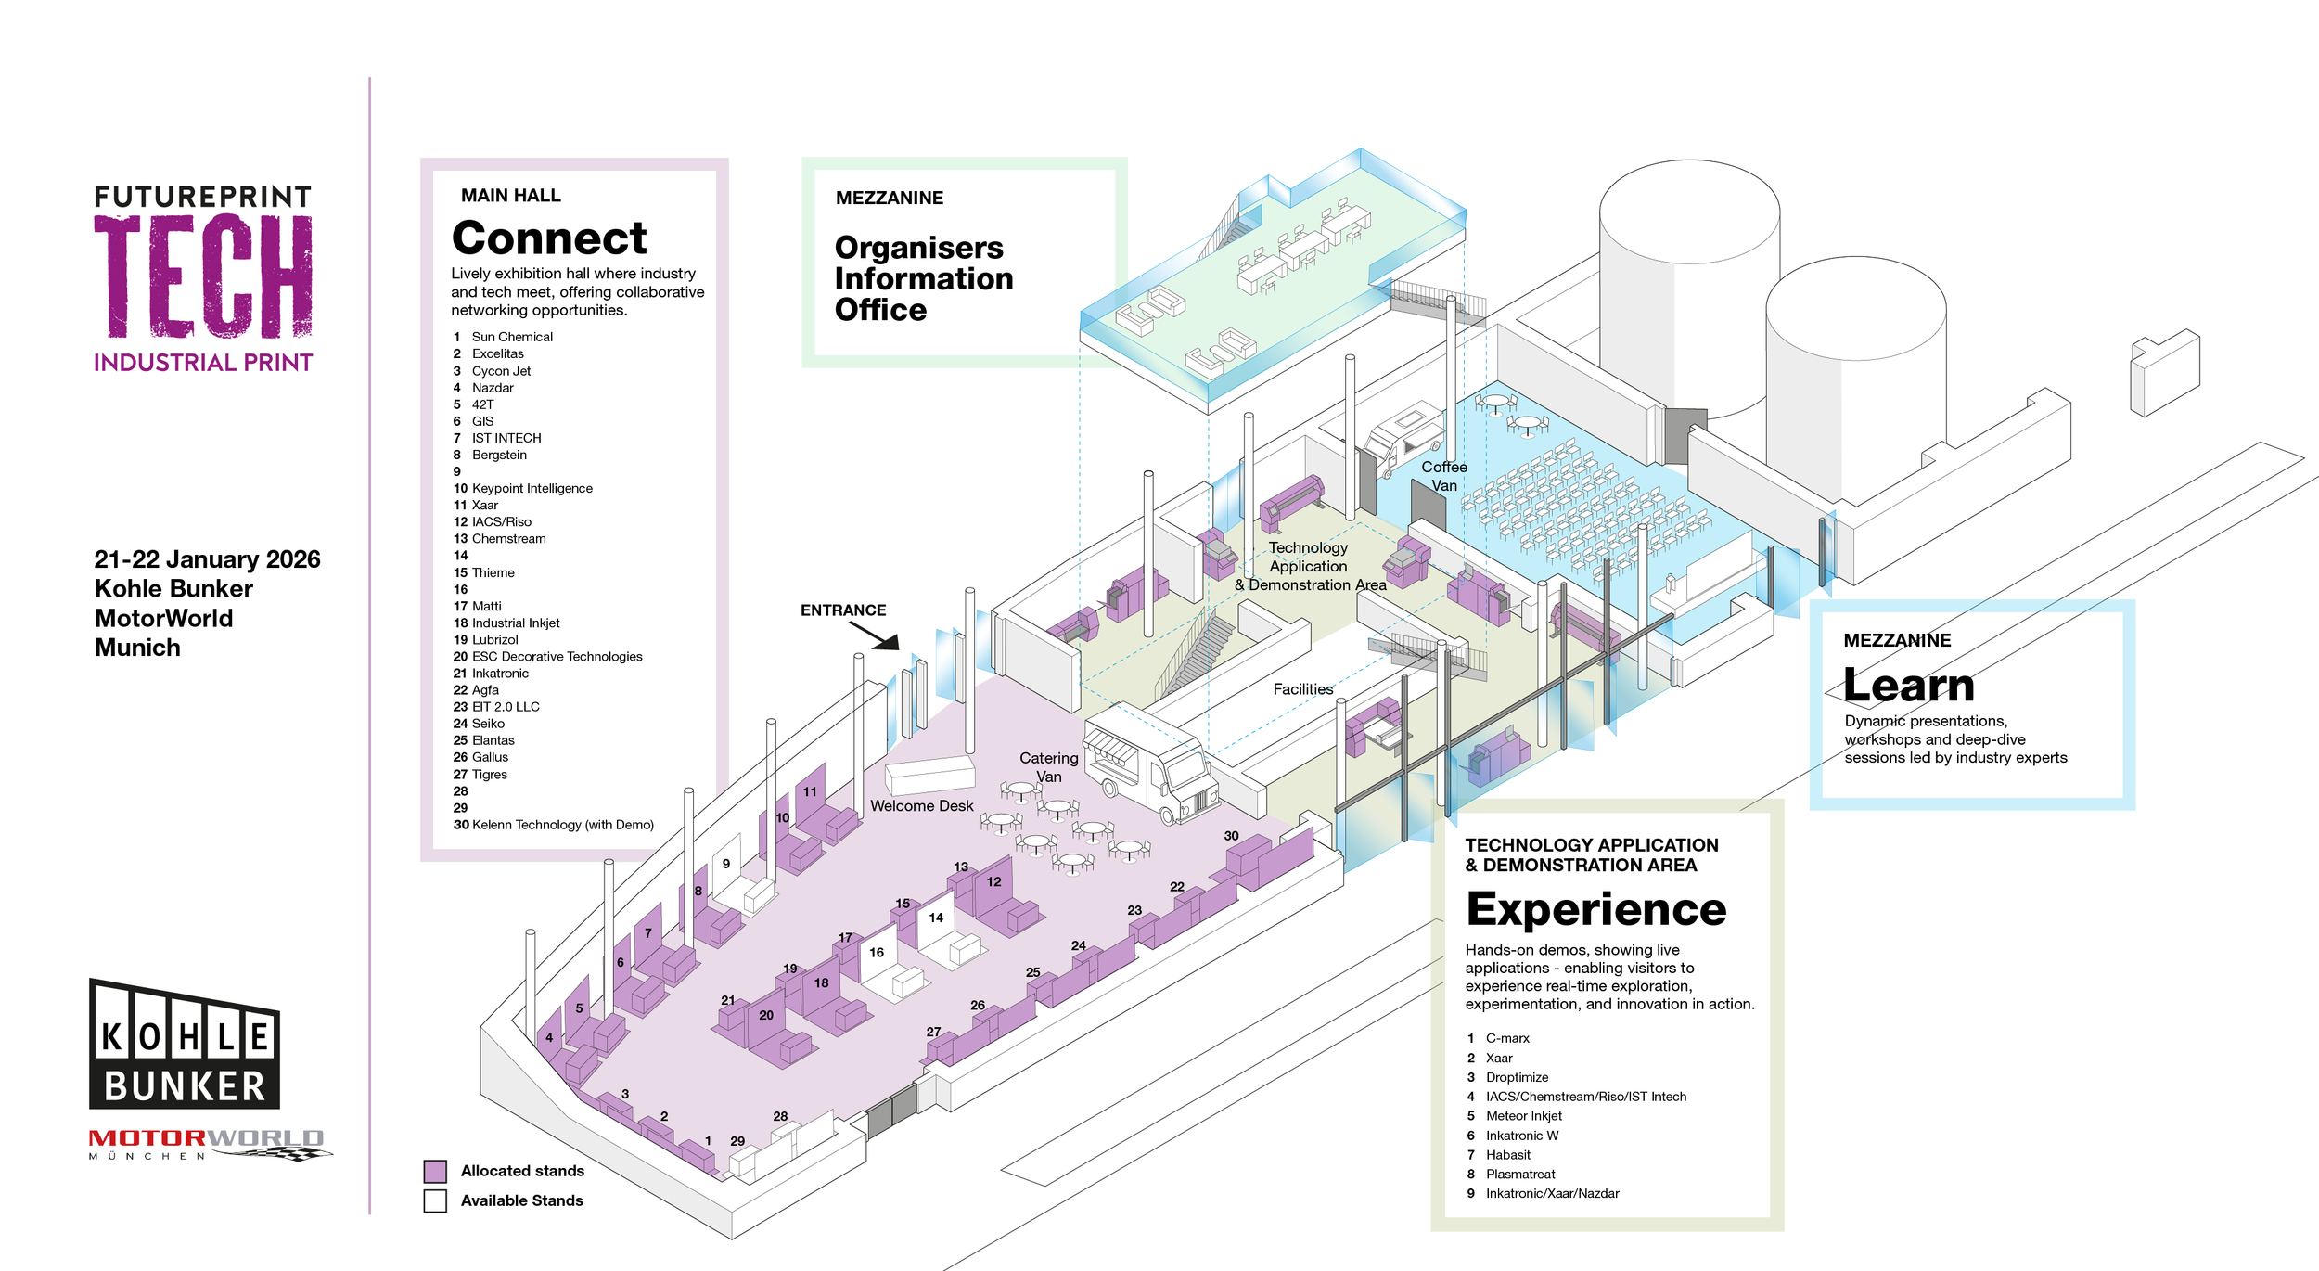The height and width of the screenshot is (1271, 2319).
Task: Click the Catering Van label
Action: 1048,767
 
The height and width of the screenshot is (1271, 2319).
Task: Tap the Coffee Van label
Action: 1444,476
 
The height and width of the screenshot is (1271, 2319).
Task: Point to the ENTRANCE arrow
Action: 874,635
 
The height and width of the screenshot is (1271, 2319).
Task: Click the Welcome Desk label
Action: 921,806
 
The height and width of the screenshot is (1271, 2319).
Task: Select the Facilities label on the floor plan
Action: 1302,689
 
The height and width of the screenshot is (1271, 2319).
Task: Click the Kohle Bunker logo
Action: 185,1044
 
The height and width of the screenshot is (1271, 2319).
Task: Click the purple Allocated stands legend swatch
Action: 435,1171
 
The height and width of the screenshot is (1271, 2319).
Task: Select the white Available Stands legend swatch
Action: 435,1200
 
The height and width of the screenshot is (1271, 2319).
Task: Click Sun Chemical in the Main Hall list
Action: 512,337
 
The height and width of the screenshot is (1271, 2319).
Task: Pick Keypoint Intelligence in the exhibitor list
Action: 532,488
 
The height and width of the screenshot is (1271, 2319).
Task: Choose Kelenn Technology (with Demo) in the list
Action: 563,825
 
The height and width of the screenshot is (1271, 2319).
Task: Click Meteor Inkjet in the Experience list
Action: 1523,1116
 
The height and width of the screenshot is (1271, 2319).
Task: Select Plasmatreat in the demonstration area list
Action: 1520,1175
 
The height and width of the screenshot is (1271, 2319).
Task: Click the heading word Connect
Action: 549,238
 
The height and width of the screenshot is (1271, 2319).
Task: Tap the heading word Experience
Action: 1596,910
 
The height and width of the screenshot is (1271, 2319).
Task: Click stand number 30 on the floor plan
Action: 1231,836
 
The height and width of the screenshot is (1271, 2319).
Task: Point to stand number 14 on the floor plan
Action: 936,918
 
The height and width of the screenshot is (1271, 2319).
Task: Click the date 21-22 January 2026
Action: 207,559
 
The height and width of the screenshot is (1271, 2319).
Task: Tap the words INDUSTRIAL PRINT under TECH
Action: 203,363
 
